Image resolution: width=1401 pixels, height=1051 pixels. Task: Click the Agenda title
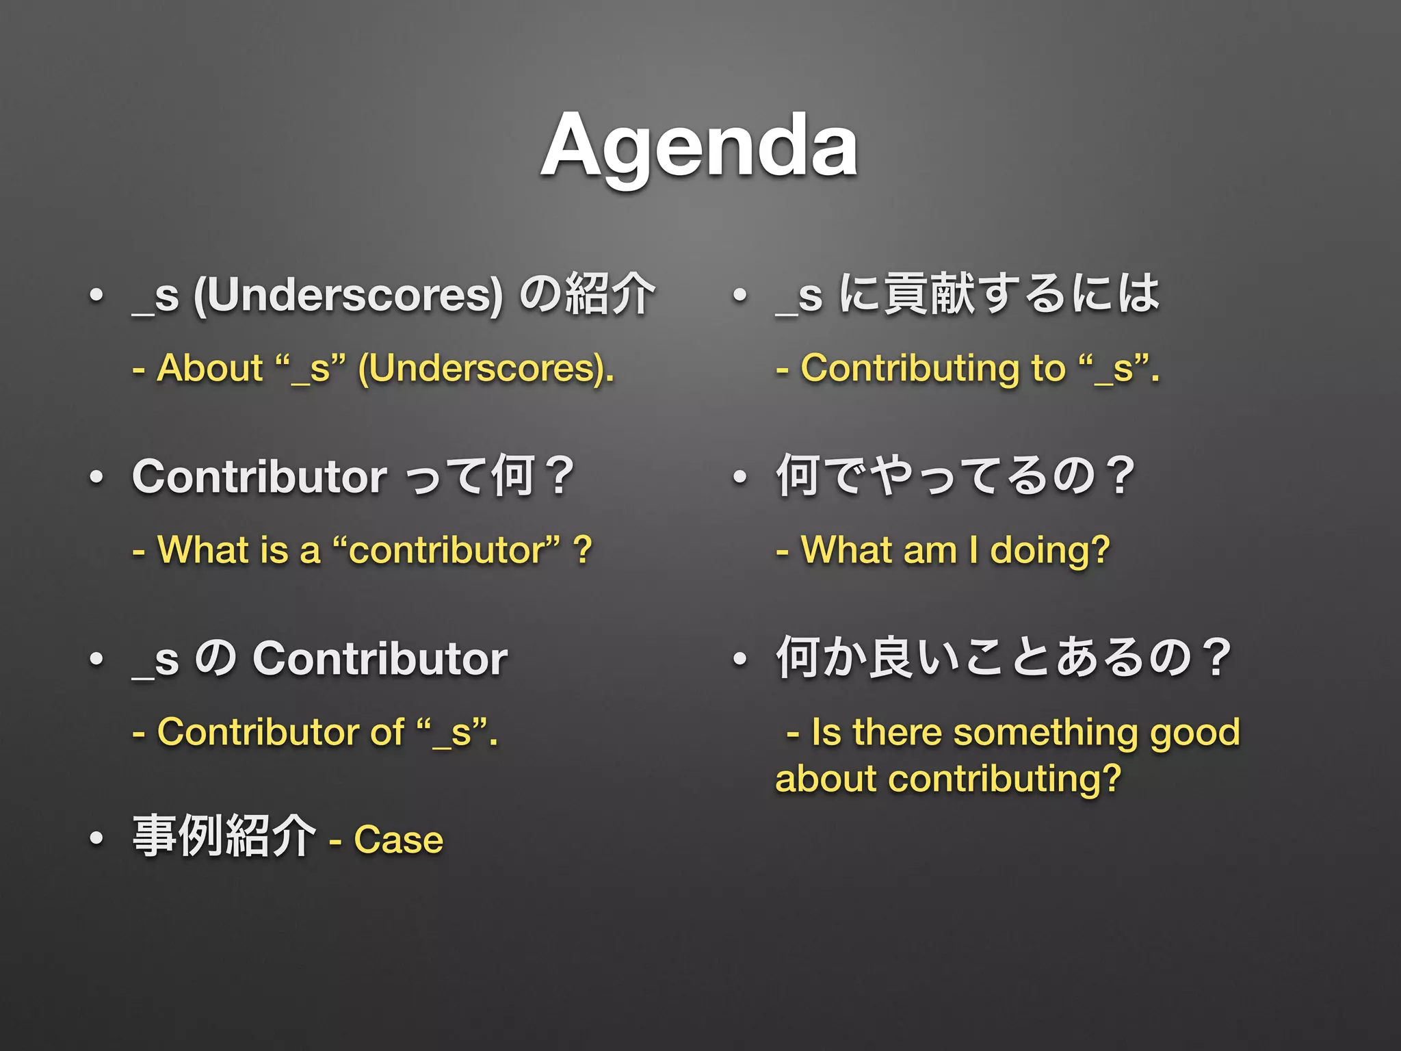(699, 146)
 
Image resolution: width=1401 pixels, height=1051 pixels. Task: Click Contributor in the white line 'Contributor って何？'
(260, 476)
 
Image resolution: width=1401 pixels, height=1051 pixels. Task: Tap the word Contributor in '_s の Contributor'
(380, 658)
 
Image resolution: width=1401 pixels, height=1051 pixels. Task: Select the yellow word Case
(398, 840)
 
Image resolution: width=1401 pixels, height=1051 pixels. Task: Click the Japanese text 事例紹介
(224, 836)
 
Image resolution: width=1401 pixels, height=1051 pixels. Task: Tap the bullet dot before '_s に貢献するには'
(739, 296)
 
